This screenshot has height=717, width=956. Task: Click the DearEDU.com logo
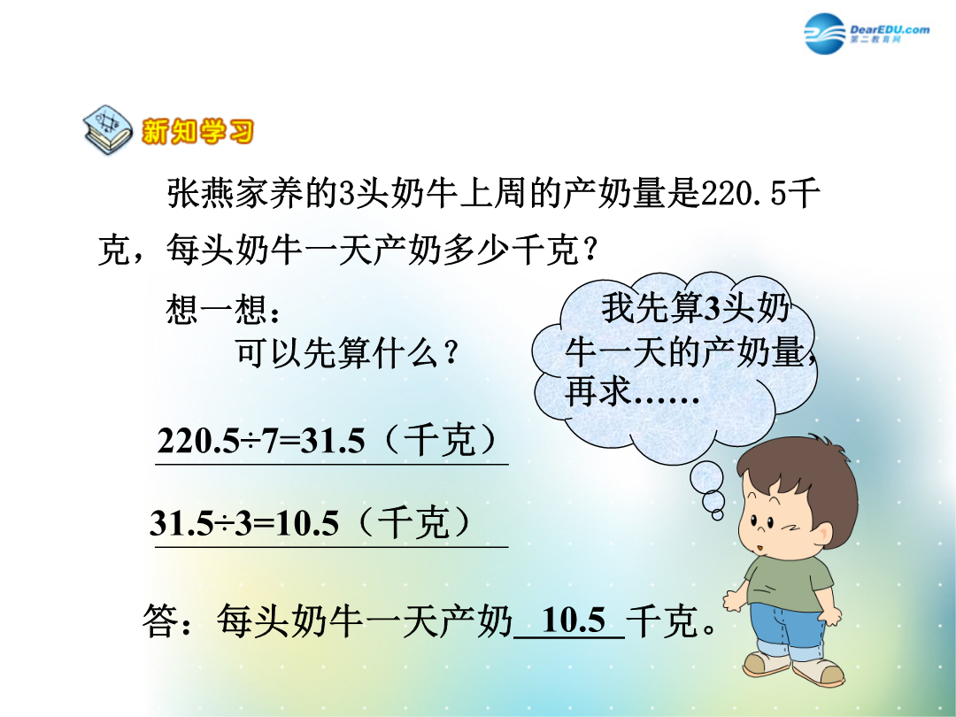[867, 33]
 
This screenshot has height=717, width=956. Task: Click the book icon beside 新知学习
[108, 129]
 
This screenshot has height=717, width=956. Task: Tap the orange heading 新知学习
[197, 131]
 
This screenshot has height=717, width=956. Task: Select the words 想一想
[217, 310]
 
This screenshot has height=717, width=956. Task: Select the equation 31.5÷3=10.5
[244, 523]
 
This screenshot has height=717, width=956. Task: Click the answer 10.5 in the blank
[573, 621]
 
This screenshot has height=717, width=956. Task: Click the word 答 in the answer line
[161, 621]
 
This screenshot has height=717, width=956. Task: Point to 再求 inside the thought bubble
[597, 391]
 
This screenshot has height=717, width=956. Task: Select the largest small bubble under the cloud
[706, 478]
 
